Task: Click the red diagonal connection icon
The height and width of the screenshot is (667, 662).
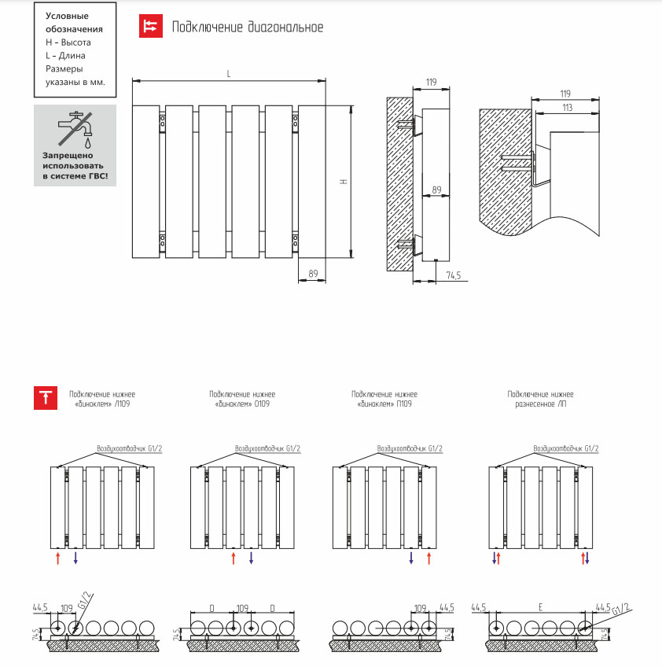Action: point(151,26)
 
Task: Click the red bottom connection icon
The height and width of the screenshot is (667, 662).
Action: point(46,398)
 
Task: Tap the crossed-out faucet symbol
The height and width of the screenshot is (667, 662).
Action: point(75,129)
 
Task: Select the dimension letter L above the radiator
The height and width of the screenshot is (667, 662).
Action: point(229,74)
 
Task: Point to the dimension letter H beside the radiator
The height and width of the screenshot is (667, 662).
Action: point(344,181)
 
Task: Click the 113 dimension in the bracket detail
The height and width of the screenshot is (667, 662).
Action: point(567,108)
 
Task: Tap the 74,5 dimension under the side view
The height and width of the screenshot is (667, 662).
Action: point(454,275)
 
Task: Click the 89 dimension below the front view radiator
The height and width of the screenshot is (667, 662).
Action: point(314,274)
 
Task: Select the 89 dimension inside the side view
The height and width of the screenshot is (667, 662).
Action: point(436,190)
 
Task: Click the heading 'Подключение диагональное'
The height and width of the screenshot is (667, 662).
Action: point(248,27)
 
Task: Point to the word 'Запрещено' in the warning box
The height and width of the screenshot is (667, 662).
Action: point(68,156)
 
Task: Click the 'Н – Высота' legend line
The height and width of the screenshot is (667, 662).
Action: point(68,42)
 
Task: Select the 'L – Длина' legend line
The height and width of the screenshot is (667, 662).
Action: point(65,56)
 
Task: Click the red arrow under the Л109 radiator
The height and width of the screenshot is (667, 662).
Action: point(58,558)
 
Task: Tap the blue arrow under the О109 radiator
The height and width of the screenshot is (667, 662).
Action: point(252,558)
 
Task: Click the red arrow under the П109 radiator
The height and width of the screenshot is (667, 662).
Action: point(429,558)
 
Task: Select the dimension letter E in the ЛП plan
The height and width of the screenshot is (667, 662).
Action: point(540,607)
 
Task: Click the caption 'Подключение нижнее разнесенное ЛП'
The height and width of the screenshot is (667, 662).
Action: point(540,399)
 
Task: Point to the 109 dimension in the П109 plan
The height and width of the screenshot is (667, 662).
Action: point(420,608)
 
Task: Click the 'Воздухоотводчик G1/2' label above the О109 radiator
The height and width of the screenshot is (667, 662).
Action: point(267,448)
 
